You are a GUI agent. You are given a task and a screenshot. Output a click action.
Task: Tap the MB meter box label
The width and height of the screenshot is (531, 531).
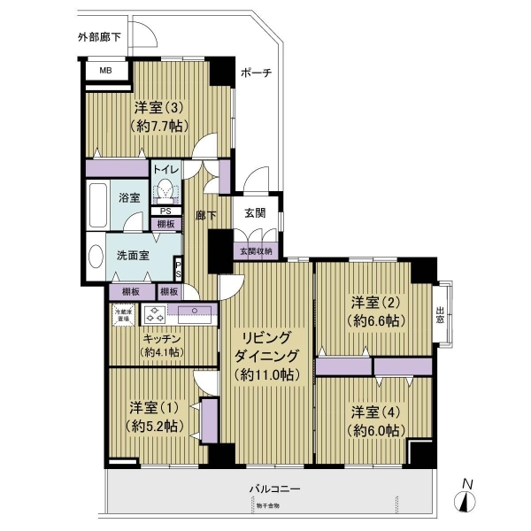pos(105,71)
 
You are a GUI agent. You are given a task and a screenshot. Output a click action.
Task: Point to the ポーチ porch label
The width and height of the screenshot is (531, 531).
pos(256,73)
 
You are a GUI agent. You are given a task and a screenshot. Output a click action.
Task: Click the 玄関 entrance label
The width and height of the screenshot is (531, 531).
pos(257,212)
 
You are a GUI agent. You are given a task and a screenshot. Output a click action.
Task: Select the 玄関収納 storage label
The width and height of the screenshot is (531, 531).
pos(257,251)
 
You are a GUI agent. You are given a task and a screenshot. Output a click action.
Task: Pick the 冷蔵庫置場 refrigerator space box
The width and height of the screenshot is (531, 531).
pos(121,313)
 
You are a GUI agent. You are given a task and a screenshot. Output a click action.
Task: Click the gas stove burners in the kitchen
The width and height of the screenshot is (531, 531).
pos(156,314)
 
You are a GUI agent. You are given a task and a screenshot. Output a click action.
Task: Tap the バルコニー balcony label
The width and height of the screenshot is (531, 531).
pos(274,489)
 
